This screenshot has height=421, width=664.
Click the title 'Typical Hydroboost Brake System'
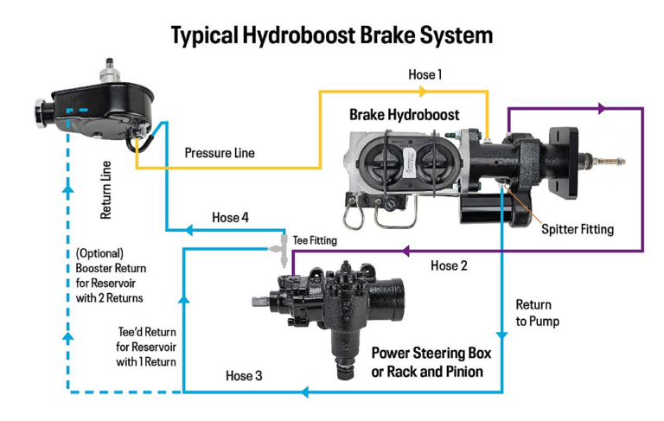coord(332,35)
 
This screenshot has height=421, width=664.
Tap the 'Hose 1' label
coord(425,75)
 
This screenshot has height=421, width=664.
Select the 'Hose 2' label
coord(449,265)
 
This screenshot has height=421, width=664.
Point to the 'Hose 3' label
coord(243,376)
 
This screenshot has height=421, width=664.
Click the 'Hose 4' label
coord(230,218)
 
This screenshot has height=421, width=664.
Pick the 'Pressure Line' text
coord(220,153)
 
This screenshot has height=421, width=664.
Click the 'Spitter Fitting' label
coord(578,229)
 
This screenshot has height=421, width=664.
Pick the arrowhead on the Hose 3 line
coord(304,392)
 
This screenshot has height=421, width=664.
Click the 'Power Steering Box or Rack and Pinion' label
coord(426,362)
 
